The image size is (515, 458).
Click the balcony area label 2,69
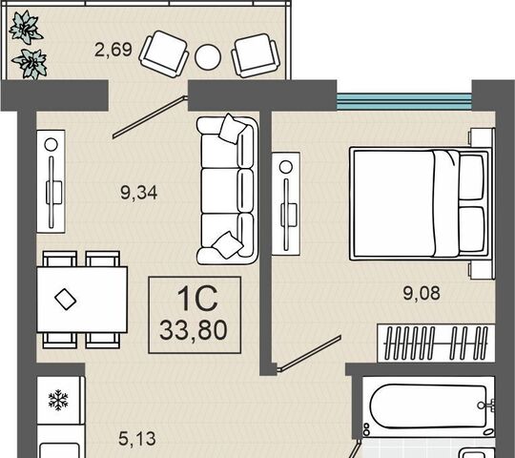[113, 50]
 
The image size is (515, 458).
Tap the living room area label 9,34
[138, 193]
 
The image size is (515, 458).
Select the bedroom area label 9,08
[422, 293]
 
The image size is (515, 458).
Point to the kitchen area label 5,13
[137, 439]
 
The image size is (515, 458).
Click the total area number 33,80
[194, 330]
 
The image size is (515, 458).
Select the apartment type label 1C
[197, 299]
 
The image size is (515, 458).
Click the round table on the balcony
[208, 56]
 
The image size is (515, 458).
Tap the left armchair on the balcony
[164, 53]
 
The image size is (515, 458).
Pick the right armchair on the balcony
[255, 55]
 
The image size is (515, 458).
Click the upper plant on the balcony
[26, 28]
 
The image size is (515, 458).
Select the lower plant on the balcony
[31, 64]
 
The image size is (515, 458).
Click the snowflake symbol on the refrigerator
[58, 400]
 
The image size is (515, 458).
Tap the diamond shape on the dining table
[66, 299]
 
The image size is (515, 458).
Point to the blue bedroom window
[404, 101]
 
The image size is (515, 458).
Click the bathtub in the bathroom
[428, 407]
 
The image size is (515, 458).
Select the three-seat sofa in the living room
[227, 190]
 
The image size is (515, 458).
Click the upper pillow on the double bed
[472, 177]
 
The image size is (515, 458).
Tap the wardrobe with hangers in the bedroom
[436, 343]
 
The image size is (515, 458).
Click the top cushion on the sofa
[233, 129]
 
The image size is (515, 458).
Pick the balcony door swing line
[150, 116]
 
